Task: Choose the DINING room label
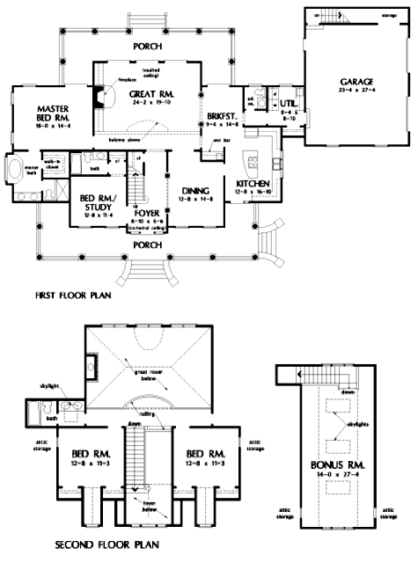[x=194, y=192]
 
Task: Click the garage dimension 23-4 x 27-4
[x=356, y=90]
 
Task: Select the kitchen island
[x=252, y=161]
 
